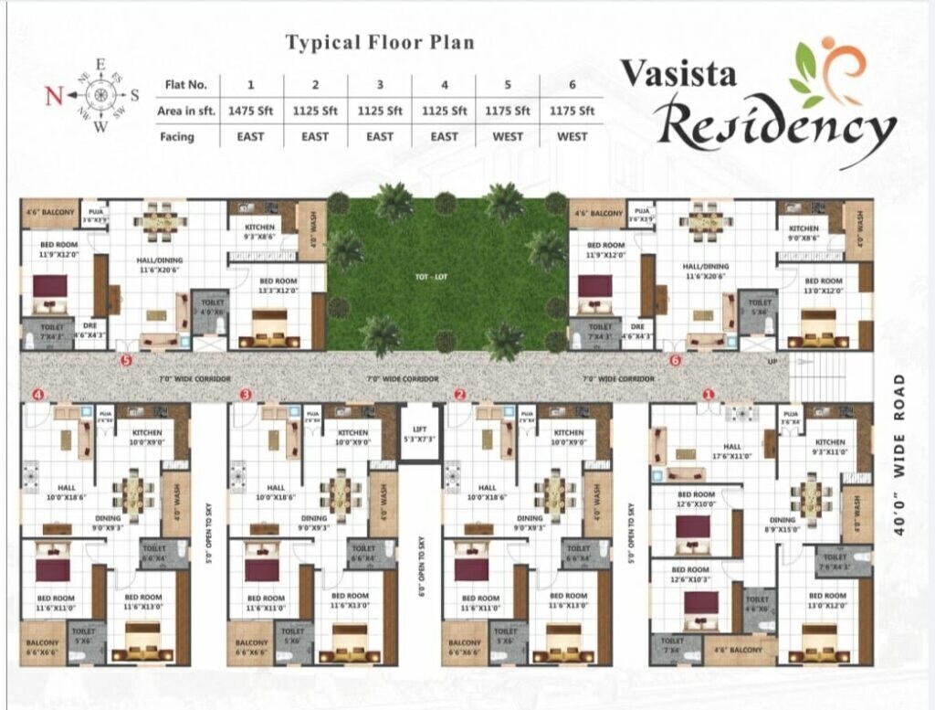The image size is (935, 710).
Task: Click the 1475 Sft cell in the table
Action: pos(251,111)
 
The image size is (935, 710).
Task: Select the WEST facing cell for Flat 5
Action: pos(508,136)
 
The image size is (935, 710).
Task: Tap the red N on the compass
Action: pos(54,95)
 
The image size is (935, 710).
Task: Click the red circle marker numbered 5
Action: pos(126,360)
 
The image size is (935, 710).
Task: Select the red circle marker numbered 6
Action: pos(675,360)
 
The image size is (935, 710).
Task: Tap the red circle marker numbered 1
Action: pos(709,395)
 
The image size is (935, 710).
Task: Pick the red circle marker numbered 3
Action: pos(246,395)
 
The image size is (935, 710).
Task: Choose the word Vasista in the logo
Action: pos(678,73)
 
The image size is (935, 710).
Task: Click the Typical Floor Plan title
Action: pos(380,42)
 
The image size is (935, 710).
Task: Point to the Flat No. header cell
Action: pos(186,85)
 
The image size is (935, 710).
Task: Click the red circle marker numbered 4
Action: pos(37,395)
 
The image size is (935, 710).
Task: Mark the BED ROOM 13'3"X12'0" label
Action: pos(279,285)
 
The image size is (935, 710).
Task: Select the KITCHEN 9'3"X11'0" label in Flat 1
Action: pos(828,447)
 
